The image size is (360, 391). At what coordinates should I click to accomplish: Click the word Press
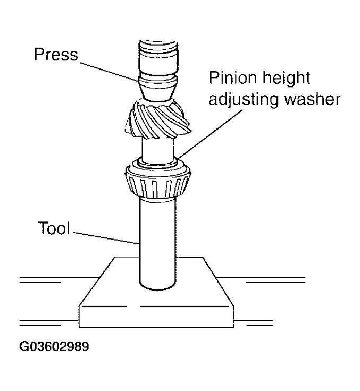56,55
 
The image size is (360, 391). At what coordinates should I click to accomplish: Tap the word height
284,79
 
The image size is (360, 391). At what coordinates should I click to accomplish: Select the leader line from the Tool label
106,237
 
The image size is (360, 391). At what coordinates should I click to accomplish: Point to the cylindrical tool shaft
156,238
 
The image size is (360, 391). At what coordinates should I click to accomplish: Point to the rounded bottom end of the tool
156,286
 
